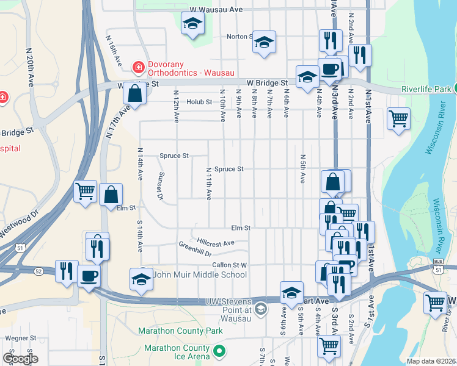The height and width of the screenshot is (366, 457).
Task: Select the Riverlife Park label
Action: (x=426, y=89)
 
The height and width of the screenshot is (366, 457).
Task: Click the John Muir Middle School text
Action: (x=200, y=274)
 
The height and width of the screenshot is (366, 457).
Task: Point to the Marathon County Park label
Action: (x=174, y=331)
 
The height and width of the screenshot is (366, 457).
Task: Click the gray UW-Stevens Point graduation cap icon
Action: (x=261, y=309)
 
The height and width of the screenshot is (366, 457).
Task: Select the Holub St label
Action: (x=199, y=102)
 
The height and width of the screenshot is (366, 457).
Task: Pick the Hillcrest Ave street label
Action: (x=216, y=243)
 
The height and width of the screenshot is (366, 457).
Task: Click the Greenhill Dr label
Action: (x=195, y=249)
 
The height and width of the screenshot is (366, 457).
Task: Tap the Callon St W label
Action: (x=229, y=265)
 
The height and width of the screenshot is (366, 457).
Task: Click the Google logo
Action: (x=20, y=358)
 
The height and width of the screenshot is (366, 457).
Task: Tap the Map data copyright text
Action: (x=431, y=361)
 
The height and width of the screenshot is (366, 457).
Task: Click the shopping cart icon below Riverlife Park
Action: (x=398, y=118)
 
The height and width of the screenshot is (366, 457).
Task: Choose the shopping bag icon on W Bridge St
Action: (x=134, y=94)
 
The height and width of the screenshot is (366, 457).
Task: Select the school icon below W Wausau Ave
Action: (x=193, y=23)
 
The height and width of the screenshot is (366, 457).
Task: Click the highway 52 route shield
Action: (x=38, y=271)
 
